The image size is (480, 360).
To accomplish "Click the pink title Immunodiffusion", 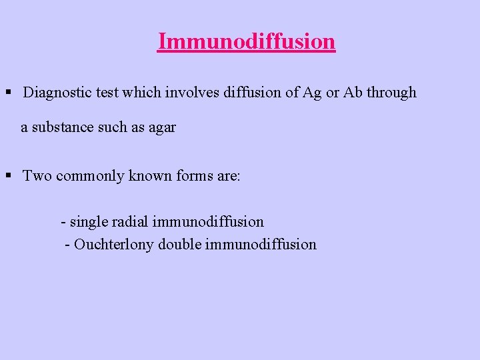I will pos(247,41).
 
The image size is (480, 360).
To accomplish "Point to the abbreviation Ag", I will pos(311,93).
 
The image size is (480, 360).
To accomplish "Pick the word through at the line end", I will pos(392,93).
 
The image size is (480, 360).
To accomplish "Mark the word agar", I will pos(162,127).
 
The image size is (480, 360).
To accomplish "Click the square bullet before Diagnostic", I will pos(9,93).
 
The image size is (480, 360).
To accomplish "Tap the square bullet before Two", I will pos(9,176).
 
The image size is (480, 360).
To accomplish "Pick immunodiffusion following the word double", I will pos(261,244).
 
